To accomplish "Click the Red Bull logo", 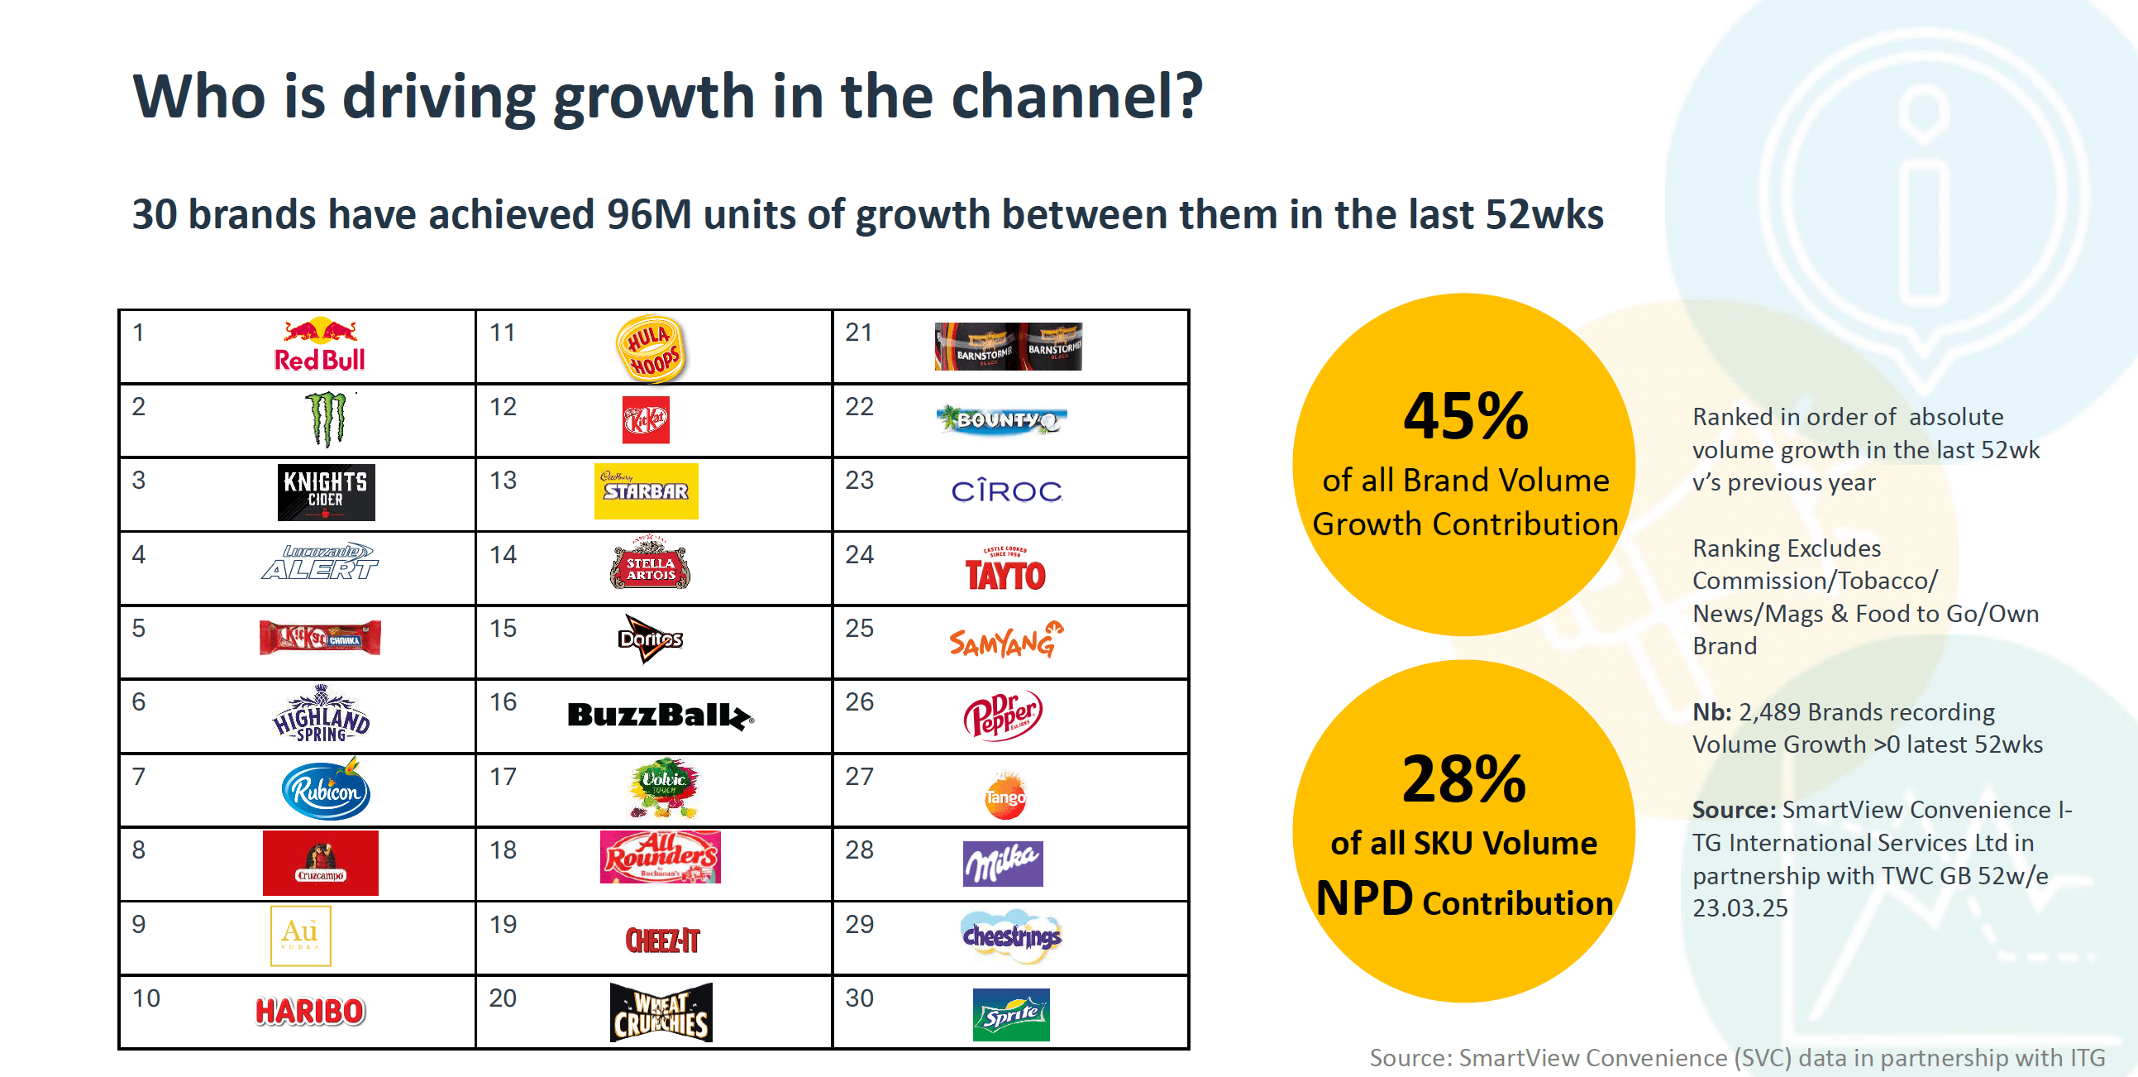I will point(319,345).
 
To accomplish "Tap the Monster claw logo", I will point(327,419).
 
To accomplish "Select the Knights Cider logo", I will point(327,491).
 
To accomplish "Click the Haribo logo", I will point(309,1011).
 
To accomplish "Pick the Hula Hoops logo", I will point(651,348).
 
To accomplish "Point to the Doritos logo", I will point(651,638).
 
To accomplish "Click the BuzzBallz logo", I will point(660,715).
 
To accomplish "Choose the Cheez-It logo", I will point(662,940).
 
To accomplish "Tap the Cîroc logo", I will point(1006,491).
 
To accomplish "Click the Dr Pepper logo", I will point(1003,714).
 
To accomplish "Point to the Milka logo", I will point(1003,864).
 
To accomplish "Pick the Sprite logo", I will point(1011,1014).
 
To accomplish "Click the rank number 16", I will point(503,702).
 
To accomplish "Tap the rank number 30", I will point(859,998).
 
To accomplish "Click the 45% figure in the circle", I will point(1466,416).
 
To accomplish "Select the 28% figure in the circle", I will point(1464,779).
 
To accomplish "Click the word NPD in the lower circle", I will point(1364,898).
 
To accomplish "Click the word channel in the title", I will point(1076,97).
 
